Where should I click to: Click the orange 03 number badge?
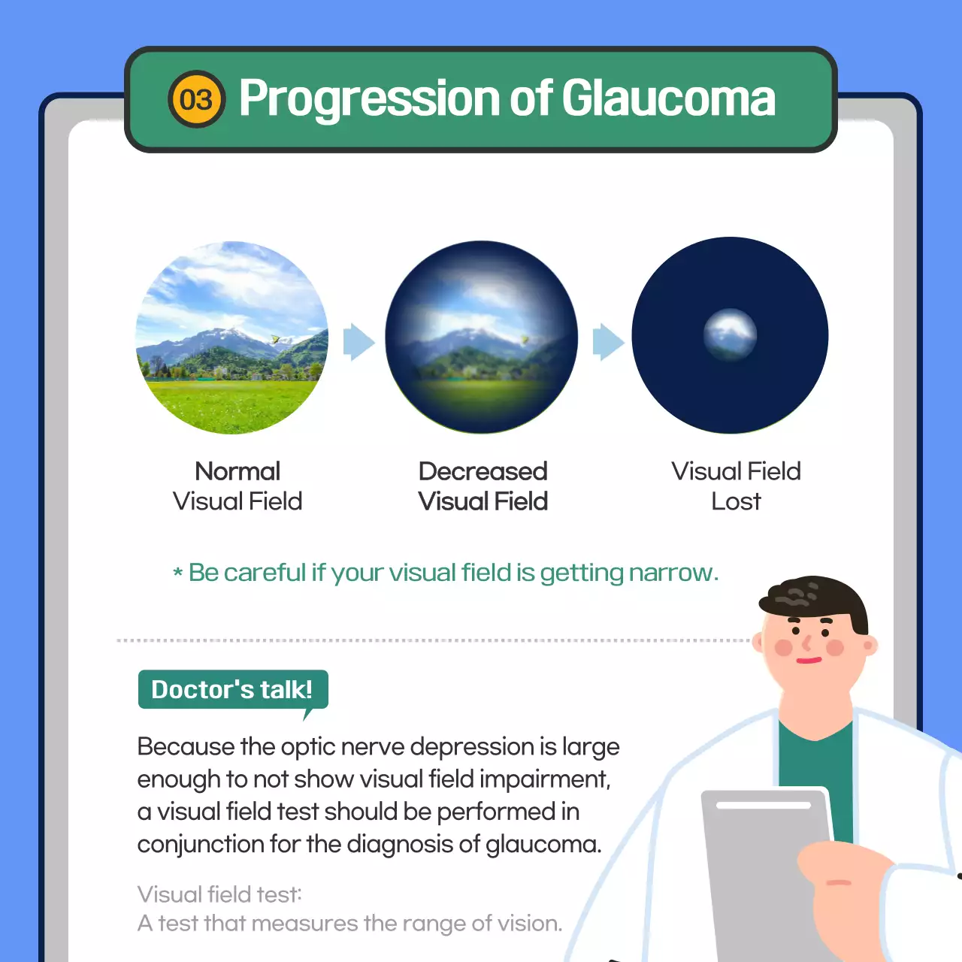click(196, 100)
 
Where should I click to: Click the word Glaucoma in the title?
click(668, 98)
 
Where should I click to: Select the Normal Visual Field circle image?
click(232, 337)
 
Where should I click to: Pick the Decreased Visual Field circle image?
click(482, 337)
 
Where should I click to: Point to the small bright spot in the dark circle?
click(730, 333)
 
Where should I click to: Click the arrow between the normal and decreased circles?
click(358, 343)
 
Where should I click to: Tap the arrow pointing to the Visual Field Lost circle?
click(608, 343)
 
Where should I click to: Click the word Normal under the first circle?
click(237, 471)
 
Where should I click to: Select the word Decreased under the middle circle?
click(483, 471)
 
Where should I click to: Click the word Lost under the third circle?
click(736, 501)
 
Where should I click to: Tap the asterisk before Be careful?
click(178, 573)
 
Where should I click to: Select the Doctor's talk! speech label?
click(232, 689)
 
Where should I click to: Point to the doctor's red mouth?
click(809, 661)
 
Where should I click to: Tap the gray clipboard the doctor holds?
click(759, 864)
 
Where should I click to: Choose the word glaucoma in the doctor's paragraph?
click(543, 844)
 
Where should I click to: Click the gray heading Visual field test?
click(219, 894)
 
